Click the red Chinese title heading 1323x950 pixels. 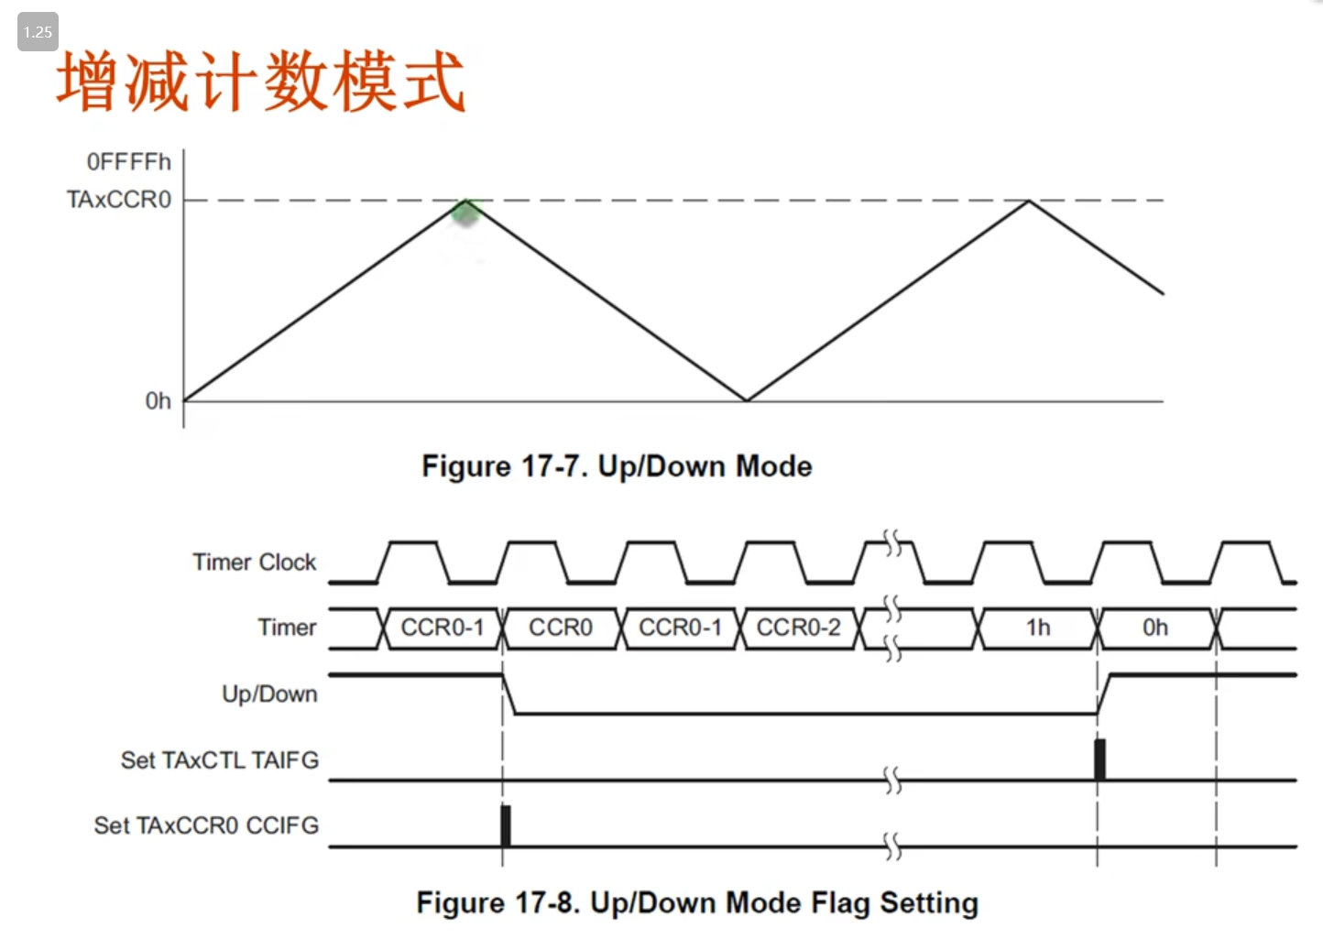coord(261,82)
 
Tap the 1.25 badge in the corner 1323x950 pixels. coord(38,32)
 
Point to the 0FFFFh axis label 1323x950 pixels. coord(128,162)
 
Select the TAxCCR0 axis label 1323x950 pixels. coord(118,200)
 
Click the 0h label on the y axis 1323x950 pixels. coord(158,401)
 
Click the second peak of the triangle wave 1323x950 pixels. coord(1029,201)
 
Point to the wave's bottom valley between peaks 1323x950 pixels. coord(747,399)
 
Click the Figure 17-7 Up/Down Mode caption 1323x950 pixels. coord(617,466)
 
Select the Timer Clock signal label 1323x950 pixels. coord(254,562)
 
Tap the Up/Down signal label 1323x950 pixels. coord(269,693)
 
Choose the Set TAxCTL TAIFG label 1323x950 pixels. coord(220,760)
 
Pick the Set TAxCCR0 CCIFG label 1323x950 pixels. coord(206,825)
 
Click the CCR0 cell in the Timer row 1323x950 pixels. coord(561,628)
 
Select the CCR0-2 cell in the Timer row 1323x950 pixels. coord(798,628)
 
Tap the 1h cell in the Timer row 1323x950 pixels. coord(1038,628)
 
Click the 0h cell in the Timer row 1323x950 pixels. coord(1155,628)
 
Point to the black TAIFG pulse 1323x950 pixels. coord(1099,759)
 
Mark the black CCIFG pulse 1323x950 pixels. coord(505,825)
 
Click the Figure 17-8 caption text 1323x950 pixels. coord(697,903)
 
